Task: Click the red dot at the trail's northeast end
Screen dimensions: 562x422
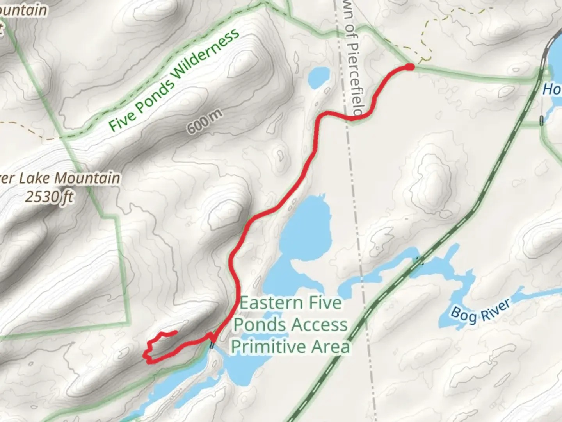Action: tap(409, 67)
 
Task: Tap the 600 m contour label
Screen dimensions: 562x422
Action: tap(204, 122)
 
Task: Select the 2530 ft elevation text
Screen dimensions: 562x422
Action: tap(50, 197)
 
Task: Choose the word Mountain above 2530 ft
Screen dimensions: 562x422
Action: tap(87, 178)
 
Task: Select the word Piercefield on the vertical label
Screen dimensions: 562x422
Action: tap(355, 78)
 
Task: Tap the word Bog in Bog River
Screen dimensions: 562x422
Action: tap(461, 314)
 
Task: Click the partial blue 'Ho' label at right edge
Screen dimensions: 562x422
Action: tap(552, 89)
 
